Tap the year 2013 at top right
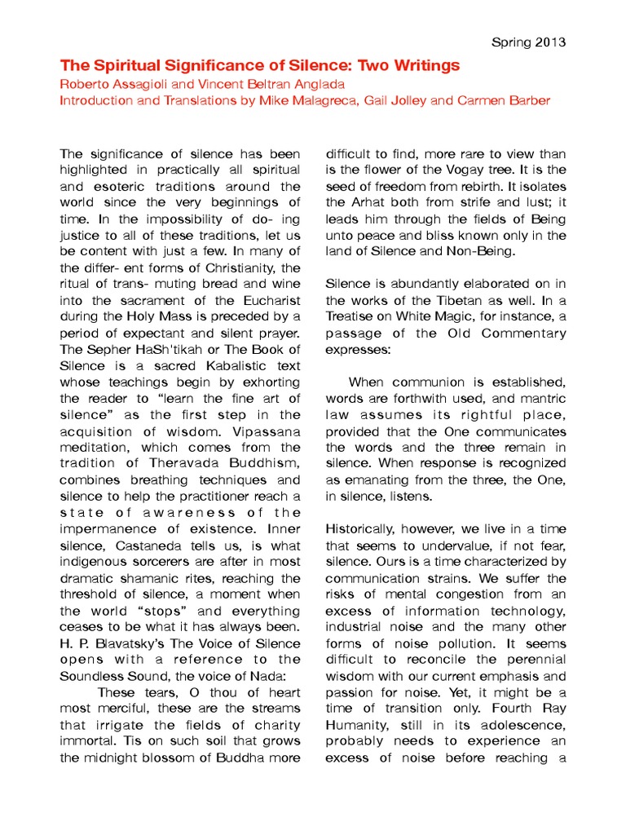coord(552,42)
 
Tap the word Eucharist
coord(262,300)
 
